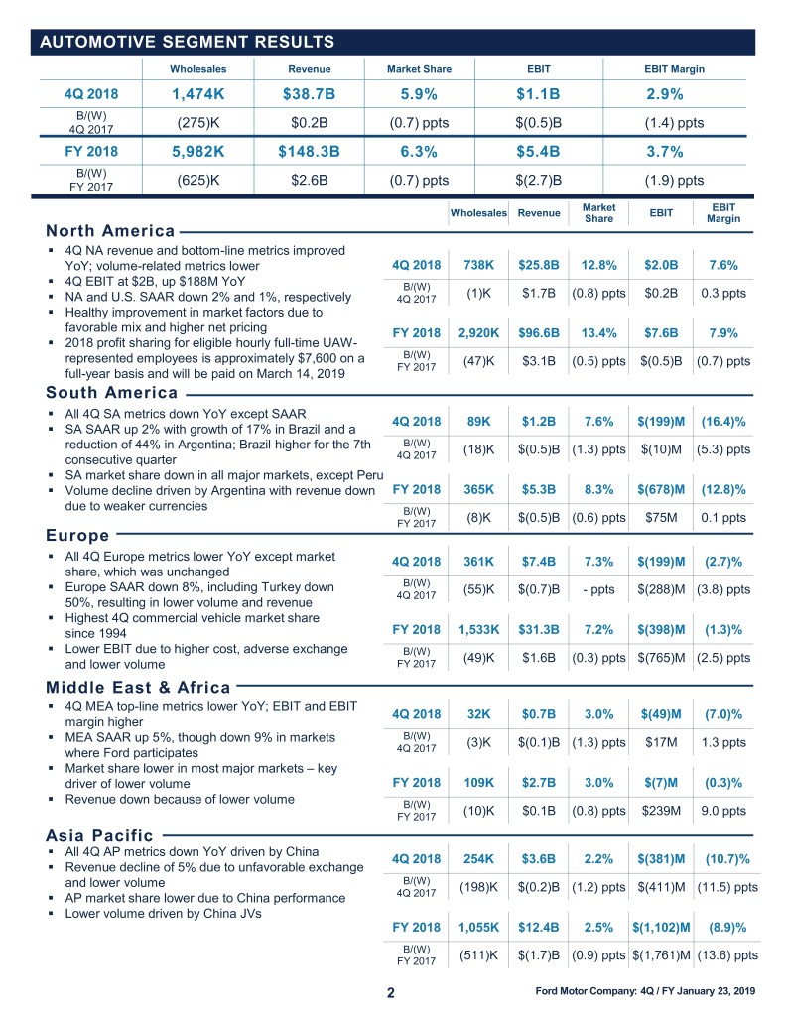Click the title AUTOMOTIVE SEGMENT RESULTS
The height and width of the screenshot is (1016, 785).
[186, 41]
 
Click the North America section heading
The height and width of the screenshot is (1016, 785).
[110, 231]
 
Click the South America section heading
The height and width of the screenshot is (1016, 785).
[111, 392]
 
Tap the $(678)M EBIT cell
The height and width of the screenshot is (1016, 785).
[659, 489]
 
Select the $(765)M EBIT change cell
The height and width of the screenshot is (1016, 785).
[659, 657]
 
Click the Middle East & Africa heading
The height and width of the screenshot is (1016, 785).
[138, 687]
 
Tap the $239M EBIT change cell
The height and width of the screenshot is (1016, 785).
[659, 811]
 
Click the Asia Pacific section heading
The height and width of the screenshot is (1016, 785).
[99, 835]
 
